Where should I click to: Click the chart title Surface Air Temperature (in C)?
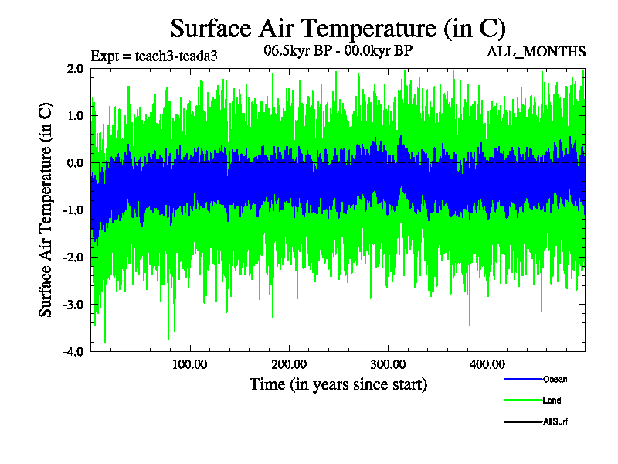point(338,29)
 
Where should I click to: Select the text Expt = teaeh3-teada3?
point(154,56)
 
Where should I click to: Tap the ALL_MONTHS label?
point(535,52)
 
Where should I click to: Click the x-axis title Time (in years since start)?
point(338,384)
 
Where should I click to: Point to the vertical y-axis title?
point(46,210)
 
